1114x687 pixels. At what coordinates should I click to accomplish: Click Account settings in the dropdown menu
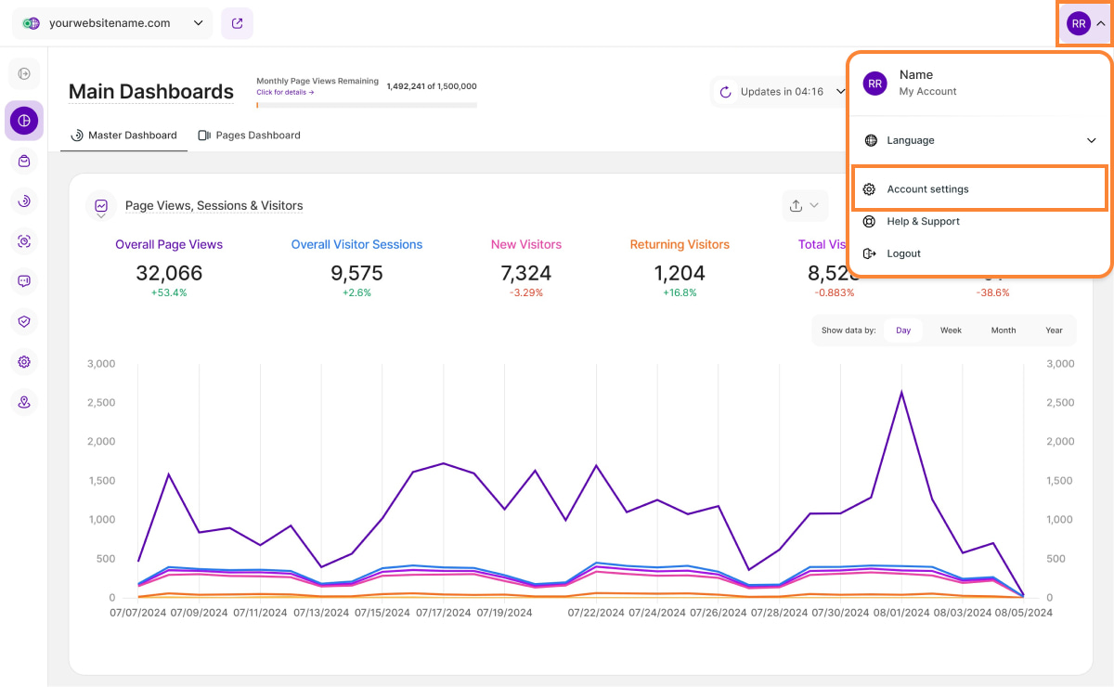[927, 189]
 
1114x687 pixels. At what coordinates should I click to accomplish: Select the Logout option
[903, 253]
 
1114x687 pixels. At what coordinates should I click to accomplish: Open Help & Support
[923, 222]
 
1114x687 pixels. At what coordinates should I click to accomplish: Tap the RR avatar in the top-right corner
[1079, 24]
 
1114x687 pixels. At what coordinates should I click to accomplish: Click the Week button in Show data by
[951, 331]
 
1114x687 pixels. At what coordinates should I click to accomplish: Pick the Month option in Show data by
[1004, 331]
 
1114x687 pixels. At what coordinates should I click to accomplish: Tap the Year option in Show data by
[1054, 331]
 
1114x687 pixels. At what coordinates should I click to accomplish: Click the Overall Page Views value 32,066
[169, 273]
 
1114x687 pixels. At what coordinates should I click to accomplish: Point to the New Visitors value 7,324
[525, 273]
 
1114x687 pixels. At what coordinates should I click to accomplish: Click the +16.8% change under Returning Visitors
[680, 292]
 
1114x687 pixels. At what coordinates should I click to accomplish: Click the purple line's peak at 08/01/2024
[901, 392]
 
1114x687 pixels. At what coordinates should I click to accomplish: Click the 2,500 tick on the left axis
[99, 403]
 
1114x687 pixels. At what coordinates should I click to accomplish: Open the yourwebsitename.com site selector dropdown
[112, 24]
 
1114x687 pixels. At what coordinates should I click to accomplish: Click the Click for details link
[285, 92]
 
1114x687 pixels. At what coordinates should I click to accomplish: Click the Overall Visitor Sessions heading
[356, 245]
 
